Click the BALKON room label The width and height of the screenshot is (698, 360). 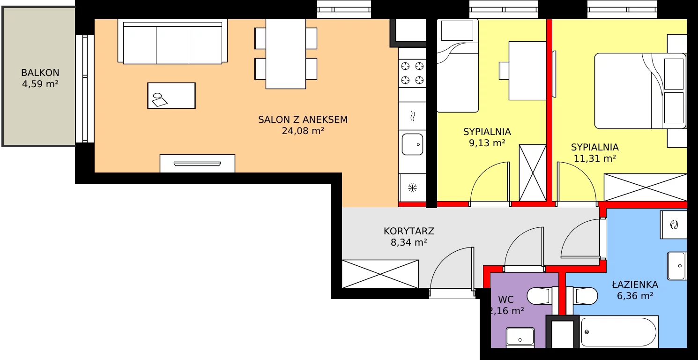pyautogui.click(x=40, y=73)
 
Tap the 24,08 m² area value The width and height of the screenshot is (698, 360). pyautogui.click(x=303, y=131)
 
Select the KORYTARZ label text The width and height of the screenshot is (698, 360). pyautogui.click(x=409, y=231)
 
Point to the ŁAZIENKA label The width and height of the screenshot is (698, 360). pyautogui.click(x=635, y=284)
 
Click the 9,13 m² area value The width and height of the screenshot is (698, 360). pyautogui.click(x=487, y=143)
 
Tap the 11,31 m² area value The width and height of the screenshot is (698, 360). pyautogui.click(x=595, y=158)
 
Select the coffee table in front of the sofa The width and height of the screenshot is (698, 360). pyautogui.click(x=171, y=96)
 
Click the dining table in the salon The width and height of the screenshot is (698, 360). pyautogui.click(x=286, y=54)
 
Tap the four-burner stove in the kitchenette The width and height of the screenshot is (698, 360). pyautogui.click(x=412, y=74)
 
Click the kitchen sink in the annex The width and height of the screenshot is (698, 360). pyautogui.click(x=412, y=144)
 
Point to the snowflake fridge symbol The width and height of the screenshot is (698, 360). pyautogui.click(x=413, y=187)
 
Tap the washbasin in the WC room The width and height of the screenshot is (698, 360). pyautogui.click(x=520, y=337)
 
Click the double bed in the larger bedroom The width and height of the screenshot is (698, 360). pyautogui.click(x=640, y=90)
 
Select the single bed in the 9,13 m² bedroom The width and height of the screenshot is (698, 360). pyautogui.click(x=457, y=66)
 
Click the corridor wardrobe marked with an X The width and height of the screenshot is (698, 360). pyautogui.click(x=380, y=274)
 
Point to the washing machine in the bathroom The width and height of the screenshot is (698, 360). pyautogui.click(x=674, y=225)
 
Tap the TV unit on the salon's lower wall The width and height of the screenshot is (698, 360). pyautogui.click(x=197, y=163)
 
